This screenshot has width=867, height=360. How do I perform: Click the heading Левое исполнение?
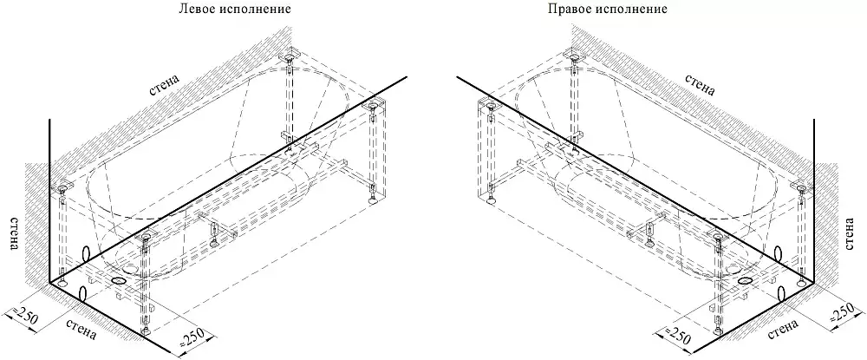click(x=235, y=10)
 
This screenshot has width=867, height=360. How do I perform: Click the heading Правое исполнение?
click(x=608, y=10)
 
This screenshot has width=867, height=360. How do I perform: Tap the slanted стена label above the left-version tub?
click(x=164, y=85)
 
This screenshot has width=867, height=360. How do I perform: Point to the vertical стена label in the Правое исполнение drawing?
click(x=852, y=233)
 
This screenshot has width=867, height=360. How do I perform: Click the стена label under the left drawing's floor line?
click(x=81, y=329)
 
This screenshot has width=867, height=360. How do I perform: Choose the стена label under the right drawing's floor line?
click(x=783, y=329)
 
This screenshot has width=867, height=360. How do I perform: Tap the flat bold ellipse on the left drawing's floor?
click(x=117, y=281)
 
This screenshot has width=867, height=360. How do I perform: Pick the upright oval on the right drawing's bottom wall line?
click(x=782, y=294)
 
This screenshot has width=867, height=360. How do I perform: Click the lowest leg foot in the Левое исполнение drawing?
click(x=146, y=331)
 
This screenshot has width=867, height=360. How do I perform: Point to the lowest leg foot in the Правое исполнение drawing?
click(x=718, y=331)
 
